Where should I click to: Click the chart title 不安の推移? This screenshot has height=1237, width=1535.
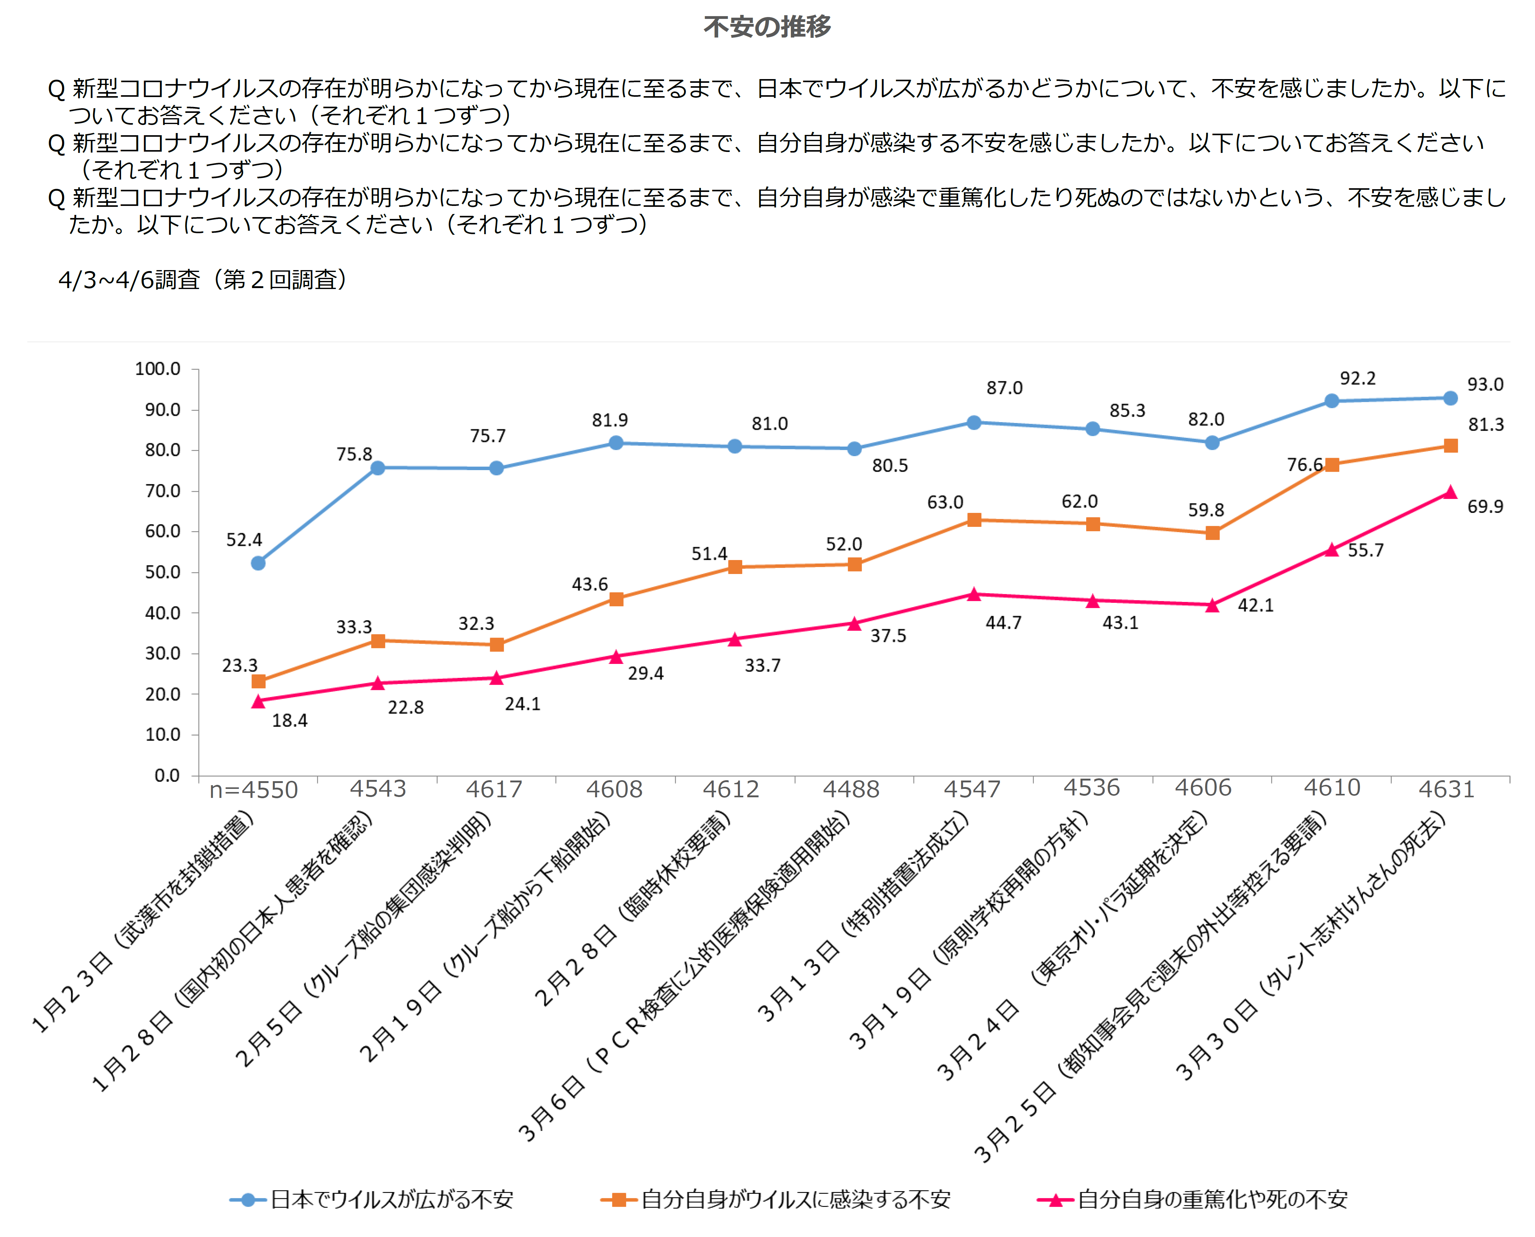coord(767,27)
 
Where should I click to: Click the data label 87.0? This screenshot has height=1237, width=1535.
coord(1004,388)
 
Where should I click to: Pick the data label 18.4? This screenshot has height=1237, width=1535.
coord(289,720)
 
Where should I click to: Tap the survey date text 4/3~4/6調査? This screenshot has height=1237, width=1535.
coord(129,279)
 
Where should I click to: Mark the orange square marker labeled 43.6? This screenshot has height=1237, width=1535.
coord(616,599)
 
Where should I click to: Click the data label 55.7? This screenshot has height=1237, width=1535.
coord(1365,550)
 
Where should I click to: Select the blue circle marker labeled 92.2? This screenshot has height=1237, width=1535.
coord(1331,401)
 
